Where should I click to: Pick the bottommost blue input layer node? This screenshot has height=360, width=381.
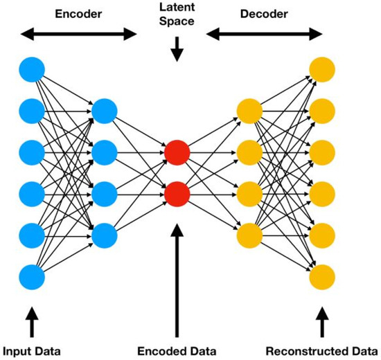[x=32, y=276]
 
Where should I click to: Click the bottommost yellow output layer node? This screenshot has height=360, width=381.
[x=322, y=276]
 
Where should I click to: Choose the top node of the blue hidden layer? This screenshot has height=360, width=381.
[x=105, y=110]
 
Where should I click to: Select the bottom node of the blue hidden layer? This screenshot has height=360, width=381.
[x=105, y=235]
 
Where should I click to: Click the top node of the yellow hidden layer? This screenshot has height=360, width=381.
[x=249, y=110]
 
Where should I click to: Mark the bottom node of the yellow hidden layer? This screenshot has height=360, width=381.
[x=249, y=235]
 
